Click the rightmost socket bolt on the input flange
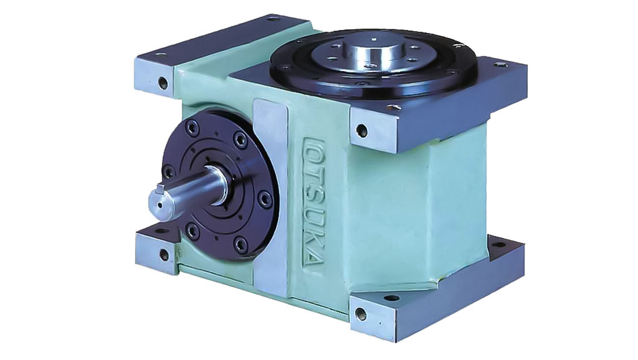pyautogui.click(x=265, y=198)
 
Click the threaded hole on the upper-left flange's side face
pyautogui.click(x=163, y=83)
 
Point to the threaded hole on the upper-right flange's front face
pyautogui.click(x=361, y=130)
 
